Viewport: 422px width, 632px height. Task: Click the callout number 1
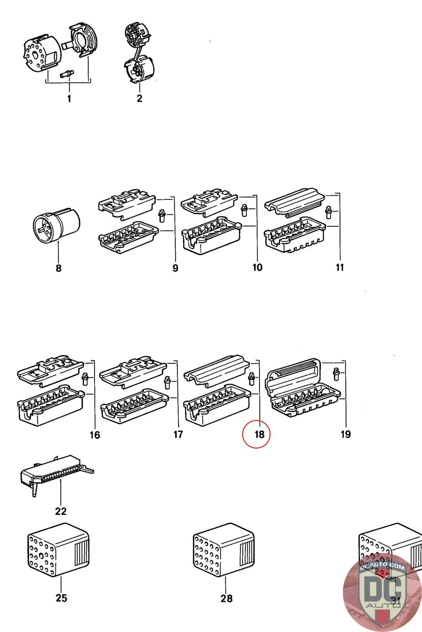tap(69, 98)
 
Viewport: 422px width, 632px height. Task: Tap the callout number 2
tap(139, 98)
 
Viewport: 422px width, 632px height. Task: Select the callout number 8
tap(59, 269)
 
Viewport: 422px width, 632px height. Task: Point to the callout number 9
tap(175, 268)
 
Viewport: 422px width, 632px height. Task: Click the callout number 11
tap(340, 268)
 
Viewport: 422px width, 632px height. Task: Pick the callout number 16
tap(95, 435)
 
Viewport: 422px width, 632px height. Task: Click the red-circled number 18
tap(259, 434)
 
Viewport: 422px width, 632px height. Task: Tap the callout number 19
tap(346, 434)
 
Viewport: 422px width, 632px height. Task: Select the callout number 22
tap(61, 511)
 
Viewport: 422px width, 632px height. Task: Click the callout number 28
tap(227, 598)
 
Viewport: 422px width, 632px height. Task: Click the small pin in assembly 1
tap(68, 73)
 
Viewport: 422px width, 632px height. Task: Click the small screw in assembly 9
tap(161, 215)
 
